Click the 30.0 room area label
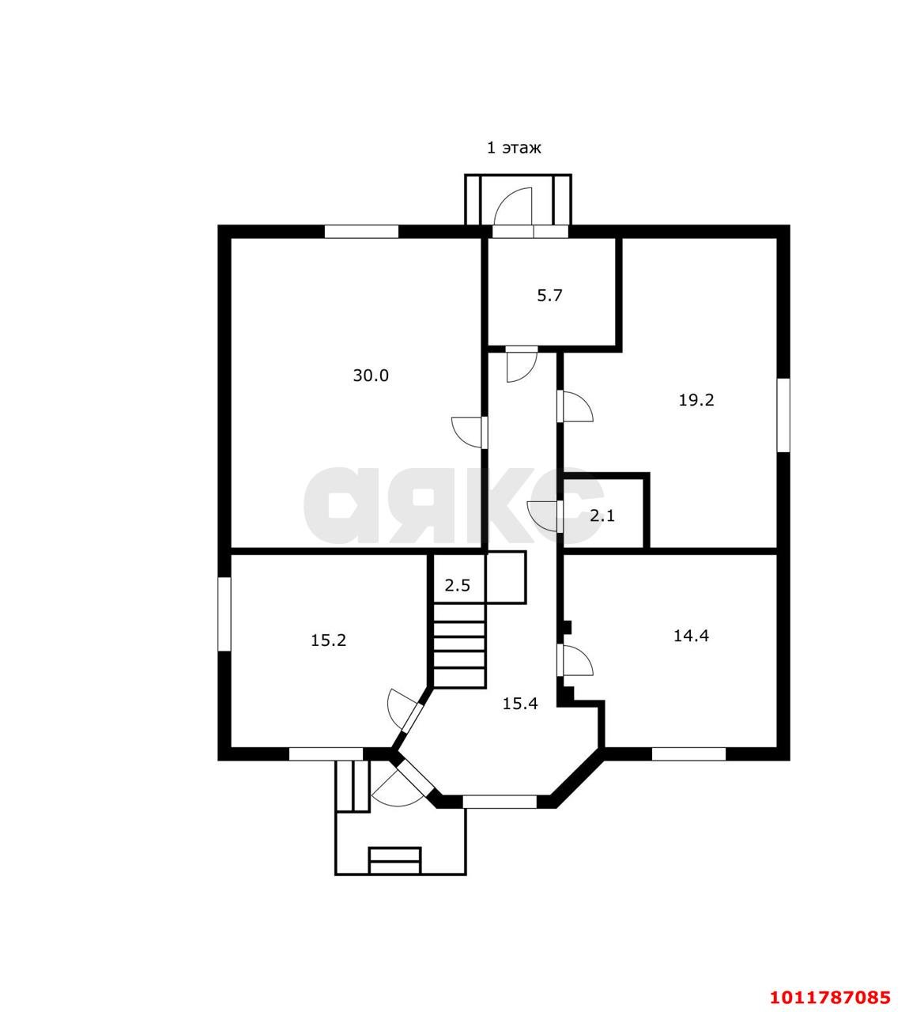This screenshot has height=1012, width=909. [x=371, y=375]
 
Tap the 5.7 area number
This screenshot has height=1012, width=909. [x=549, y=295]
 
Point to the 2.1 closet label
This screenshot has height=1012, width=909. [x=602, y=515]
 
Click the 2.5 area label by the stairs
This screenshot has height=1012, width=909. [x=458, y=585]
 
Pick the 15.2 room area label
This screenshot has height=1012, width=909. [x=328, y=640]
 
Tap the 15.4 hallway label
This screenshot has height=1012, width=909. [x=520, y=704]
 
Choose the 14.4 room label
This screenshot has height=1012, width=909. [x=692, y=636]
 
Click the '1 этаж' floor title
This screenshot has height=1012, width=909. [x=514, y=148]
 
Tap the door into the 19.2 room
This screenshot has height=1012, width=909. [x=575, y=406]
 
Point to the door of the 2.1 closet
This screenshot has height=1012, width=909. [x=545, y=516]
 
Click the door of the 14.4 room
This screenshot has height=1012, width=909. [x=575, y=660]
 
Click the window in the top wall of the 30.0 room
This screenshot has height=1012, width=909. [x=361, y=232]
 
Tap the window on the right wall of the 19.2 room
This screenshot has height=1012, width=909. [x=783, y=415]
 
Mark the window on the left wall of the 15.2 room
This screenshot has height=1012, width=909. [x=224, y=614]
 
